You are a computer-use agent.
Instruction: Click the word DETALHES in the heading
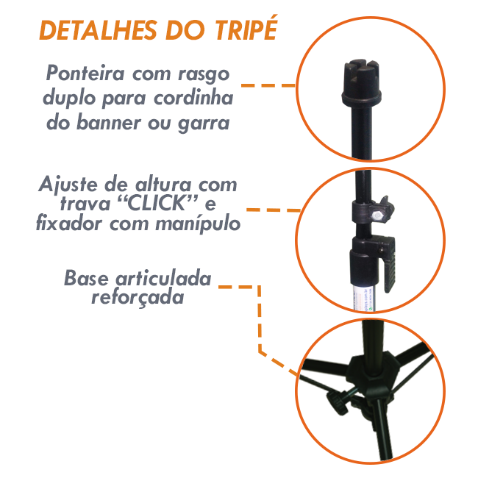[x=98, y=30]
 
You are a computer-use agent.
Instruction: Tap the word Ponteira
[x=85, y=73]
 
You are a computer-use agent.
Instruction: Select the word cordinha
[x=193, y=98]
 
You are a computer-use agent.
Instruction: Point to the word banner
[x=109, y=122]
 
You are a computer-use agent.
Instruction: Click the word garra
[x=204, y=124]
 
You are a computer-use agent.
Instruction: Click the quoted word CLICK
[x=157, y=204]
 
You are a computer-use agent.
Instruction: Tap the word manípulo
[x=198, y=225]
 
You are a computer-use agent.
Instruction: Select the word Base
[x=86, y=278]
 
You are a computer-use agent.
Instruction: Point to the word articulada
[x=163, y=278]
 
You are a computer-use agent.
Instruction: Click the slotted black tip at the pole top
[x=361, y=82]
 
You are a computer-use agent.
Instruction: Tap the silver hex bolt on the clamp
[x=377, y=215]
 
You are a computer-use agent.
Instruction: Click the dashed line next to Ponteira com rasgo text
[x=268, y=85]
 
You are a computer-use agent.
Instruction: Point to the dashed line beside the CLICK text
[x=274, y=210]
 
